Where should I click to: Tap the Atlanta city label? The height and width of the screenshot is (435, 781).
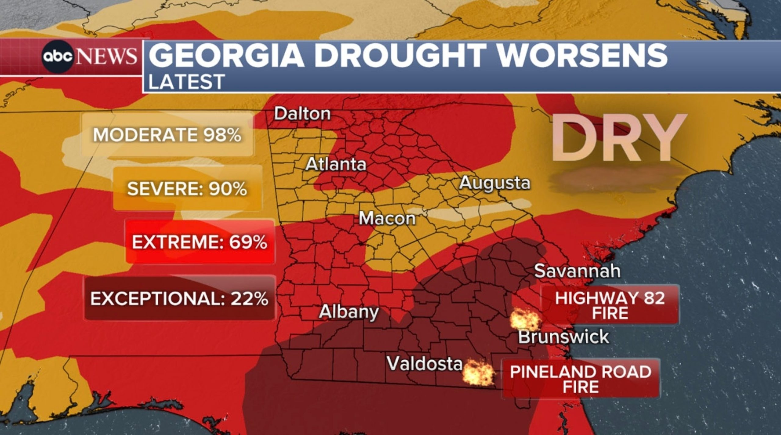[336, 165]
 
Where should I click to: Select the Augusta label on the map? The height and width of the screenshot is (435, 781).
[495, 183]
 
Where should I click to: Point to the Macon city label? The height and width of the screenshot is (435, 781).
[387, 219]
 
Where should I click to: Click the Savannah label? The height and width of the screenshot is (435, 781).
[577, 271]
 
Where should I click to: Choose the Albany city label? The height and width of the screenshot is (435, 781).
[349, 312]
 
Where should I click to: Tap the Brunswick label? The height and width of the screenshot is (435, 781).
[563, 337]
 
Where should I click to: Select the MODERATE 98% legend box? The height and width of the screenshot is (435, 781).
[167, 135]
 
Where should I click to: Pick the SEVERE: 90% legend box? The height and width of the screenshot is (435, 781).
[187, 189]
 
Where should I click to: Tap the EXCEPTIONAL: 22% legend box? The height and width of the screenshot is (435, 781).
[179, 298]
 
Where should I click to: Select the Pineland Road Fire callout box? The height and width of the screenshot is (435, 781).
[581, 379]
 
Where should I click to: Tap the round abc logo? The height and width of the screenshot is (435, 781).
[58, 57]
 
